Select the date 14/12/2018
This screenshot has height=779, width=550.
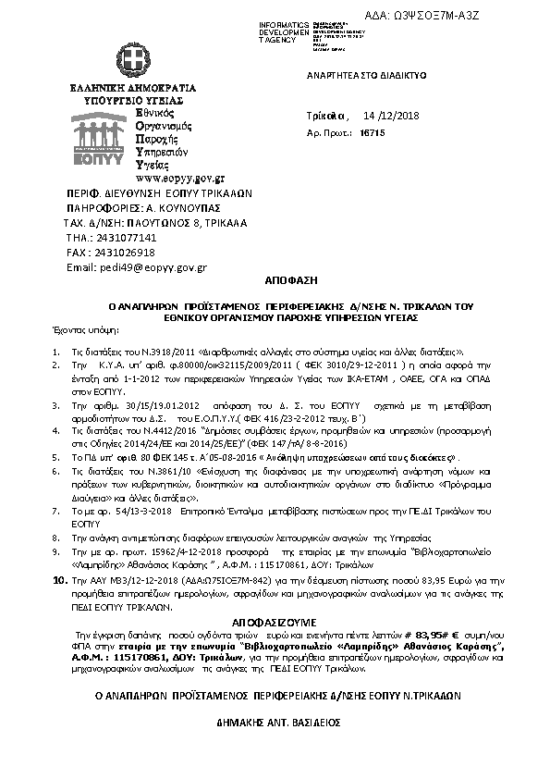click(x=393, y=117)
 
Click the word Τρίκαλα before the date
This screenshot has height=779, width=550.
click(x=324, y=117)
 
